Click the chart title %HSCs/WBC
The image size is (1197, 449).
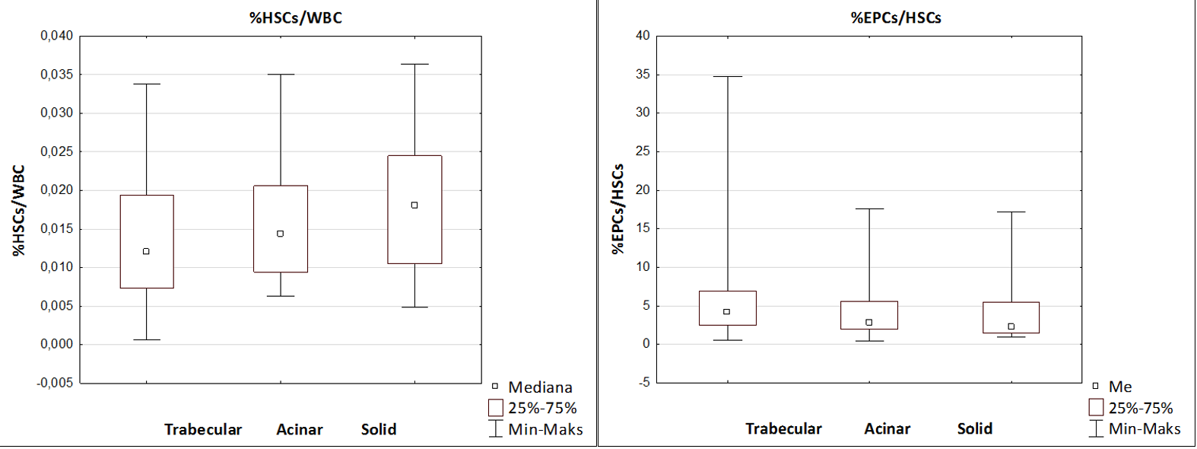coord(296,18)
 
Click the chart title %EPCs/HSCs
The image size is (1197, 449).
coord(896,18)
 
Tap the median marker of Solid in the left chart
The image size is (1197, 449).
coord(414,205)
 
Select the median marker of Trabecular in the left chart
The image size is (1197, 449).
coord(146,251)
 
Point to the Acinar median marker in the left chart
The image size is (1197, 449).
coord(281,234)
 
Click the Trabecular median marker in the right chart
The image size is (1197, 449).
coord(727,311)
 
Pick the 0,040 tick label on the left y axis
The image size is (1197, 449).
coord(57,36)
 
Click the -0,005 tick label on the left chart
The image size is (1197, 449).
coord(56,383)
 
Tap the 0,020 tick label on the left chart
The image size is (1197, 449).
coord(57,190)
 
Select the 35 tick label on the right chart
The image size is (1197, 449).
coord(643,75)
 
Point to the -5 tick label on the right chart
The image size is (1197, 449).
coord(644,383)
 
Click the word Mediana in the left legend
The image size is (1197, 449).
coord(540,387)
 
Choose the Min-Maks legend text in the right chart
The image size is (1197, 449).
coord(1145,428)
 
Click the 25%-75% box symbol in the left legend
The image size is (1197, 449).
coord(496,408)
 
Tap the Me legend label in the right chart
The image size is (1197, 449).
coord(1120,387)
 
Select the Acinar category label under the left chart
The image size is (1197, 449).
coord(300,429)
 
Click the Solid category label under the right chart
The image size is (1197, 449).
coord(975,428)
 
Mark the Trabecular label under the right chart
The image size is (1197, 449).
coord(783,428)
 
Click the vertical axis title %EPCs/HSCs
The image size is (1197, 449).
coord(618,209)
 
